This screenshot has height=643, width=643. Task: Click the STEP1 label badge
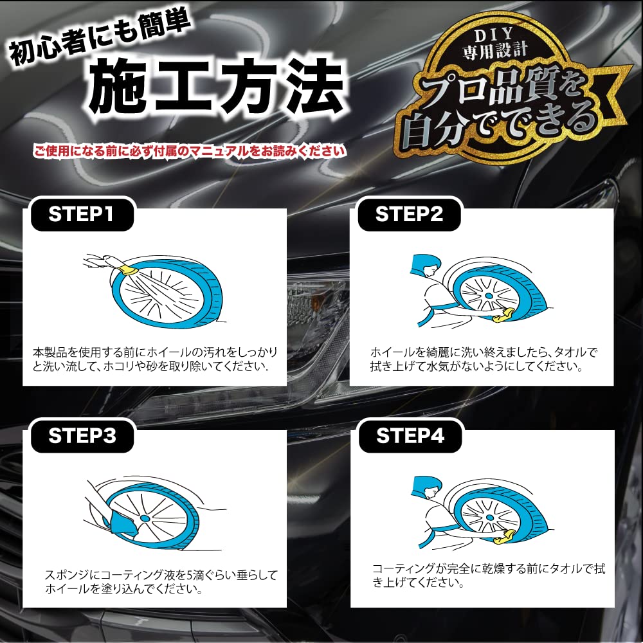(82, 215)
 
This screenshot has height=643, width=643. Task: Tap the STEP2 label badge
(409, 215)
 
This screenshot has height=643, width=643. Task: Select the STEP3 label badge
(82, 436)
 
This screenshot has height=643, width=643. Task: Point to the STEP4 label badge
(410, 436)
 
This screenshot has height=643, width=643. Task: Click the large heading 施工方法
(217, 86)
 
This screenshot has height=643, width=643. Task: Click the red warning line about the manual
(189, 151)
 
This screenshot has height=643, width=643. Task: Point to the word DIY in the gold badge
(494, 35)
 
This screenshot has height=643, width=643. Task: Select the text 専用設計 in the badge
(495, 51)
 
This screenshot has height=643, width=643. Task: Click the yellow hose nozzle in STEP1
(127, 270)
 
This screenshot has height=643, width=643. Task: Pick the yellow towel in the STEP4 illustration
(504, 537)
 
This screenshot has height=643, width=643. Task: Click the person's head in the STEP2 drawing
(426, 265)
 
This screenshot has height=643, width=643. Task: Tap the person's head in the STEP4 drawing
(427, 487)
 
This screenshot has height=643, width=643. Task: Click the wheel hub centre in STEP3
(145, 518)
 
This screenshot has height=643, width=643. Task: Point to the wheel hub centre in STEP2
(489, 296)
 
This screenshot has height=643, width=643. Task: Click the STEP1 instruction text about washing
(155, 359)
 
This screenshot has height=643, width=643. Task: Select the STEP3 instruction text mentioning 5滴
(161, 582)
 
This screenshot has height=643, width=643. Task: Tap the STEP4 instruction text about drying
(488, 575)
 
